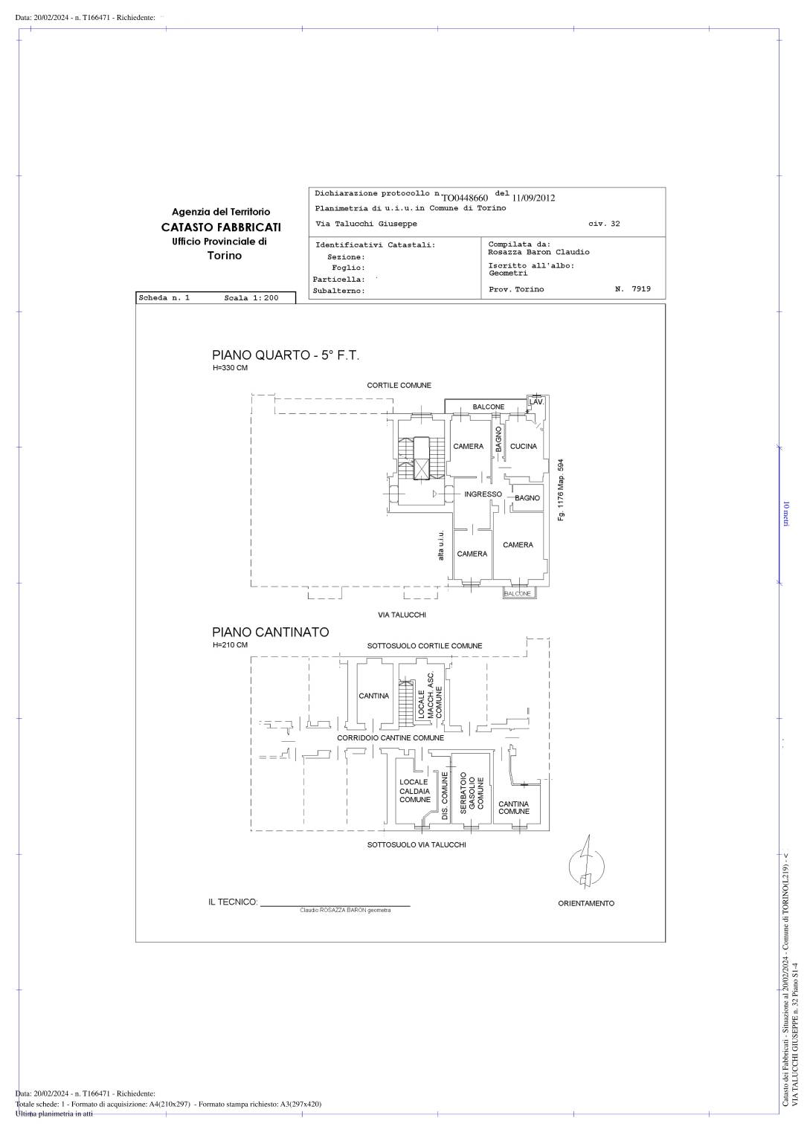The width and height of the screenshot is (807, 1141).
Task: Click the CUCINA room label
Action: [523, 446]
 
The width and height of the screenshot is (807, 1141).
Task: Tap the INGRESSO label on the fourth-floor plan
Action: [483, 494]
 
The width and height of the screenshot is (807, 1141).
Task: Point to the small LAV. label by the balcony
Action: [536, 402]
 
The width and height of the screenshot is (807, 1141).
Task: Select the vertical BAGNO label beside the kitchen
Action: [498, 439]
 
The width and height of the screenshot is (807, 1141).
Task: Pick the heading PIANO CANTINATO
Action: [270, 632]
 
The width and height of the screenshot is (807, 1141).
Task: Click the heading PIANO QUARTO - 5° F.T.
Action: [286, 355]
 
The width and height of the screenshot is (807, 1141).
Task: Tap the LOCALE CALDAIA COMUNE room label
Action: [414, 791]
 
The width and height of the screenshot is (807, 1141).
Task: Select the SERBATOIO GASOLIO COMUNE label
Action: [472, 793]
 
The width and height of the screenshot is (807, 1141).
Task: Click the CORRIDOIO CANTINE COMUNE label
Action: [390, 737]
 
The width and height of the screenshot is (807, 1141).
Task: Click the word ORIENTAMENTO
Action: [586, 903]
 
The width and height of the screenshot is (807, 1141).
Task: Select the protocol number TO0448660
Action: [464, 198]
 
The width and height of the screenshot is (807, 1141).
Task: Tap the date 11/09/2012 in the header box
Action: [533, 198]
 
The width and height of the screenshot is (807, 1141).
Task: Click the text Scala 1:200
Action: [251, 298]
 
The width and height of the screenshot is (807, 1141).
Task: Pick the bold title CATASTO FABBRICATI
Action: [221, 227]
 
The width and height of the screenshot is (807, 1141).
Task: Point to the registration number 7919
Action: [641, 289]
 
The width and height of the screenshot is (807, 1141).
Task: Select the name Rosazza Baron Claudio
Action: [538, 252]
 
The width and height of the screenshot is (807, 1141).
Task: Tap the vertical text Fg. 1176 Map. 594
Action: [561, 490]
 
